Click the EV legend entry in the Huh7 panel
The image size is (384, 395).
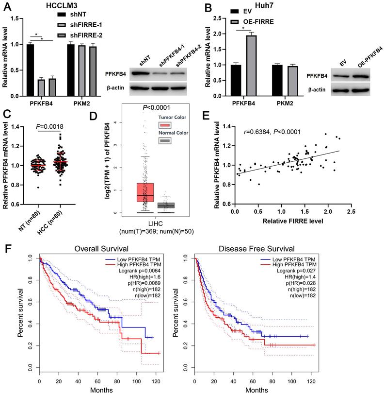pos(242,11)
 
